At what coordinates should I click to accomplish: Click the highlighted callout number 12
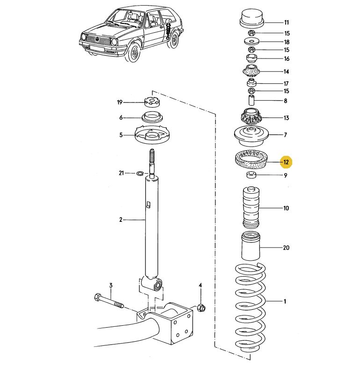[x=286, y=162]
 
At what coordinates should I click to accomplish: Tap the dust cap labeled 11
[x=252, y=18]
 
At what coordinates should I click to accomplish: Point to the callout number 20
[x=286, y=247]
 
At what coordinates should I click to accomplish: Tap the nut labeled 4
[x=202, y=307]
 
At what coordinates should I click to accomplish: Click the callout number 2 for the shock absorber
[x=121, y=219]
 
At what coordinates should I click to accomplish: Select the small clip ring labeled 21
[x=139, y=174]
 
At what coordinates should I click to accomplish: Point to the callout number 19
[x=120, y=102]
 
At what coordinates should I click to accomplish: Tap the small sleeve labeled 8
[x=252, y=100]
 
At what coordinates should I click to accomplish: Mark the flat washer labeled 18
[x=252, y=41]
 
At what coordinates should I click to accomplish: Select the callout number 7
[x=286, y=135]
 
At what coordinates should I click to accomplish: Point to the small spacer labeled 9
[x=252, y=176]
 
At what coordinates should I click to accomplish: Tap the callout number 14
[x=286, y=72]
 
